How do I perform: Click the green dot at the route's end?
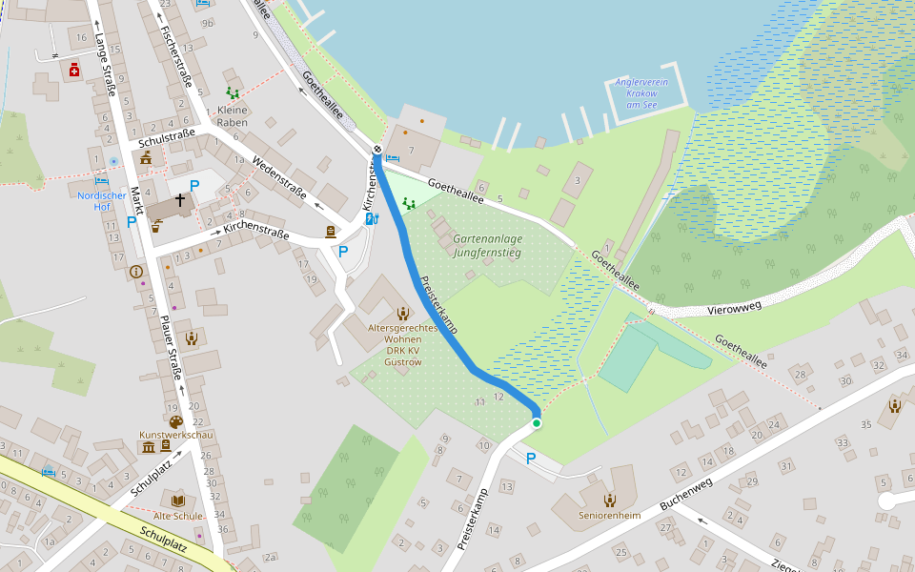537,423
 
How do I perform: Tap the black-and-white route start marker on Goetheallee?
377,150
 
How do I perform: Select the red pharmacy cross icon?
74,70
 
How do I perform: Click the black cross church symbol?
179,202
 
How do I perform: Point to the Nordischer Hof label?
102,201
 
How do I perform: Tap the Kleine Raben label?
233,116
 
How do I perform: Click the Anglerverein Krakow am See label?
640,93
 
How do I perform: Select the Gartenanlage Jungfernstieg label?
488,246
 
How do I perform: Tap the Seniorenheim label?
609,516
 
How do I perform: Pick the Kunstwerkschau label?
175,435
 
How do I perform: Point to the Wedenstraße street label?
279,179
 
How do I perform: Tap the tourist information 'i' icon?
134,271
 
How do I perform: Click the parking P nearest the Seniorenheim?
531,459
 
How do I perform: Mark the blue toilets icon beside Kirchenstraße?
372,218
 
